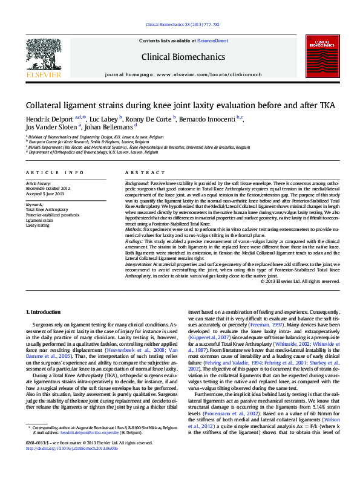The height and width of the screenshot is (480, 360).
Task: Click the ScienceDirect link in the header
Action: pos(213,41)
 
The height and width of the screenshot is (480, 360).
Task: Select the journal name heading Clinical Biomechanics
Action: pos(183,57)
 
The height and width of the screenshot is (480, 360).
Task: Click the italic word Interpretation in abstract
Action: pos(141,265)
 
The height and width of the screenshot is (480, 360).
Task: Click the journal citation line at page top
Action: pos(180,25)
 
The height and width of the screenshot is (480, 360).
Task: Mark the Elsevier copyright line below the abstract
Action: pos(299,281)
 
